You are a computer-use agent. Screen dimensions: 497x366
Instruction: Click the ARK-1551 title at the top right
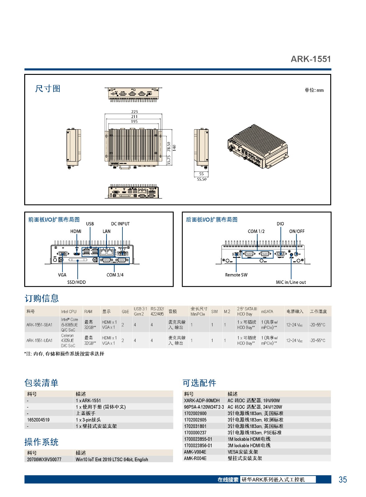point(310,59)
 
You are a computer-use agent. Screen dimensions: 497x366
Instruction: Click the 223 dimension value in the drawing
point(134,112)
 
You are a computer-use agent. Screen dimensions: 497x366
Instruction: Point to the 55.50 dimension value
point(201,179)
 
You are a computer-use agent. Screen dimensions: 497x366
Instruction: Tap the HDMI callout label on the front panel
point(76,231)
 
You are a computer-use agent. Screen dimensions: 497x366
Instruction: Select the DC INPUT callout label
point(120,224)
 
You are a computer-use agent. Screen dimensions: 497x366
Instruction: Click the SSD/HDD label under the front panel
point(76,282)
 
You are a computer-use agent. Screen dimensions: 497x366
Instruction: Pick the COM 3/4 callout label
point(115,275)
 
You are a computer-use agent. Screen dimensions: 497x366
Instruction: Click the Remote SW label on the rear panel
point(236,275)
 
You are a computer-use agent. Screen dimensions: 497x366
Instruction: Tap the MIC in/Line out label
point(291,282)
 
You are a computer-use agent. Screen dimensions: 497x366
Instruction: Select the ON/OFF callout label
point(297,231)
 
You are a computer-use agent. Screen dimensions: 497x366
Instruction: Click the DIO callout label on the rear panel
point(280,224)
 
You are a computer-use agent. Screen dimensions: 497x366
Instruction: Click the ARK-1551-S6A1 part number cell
point(39,325)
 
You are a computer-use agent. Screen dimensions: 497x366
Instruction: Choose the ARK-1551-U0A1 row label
point(39,340)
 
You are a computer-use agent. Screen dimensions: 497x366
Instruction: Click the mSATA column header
point(267,311)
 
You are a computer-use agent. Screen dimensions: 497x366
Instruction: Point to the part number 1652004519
point(38,420)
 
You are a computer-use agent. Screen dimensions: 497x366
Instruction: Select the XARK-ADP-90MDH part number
point(202,400)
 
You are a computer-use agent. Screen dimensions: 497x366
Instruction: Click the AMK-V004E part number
point(195,452)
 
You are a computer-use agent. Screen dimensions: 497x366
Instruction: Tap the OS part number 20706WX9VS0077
point(44,459)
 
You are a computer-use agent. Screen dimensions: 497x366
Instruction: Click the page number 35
point(342,479)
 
